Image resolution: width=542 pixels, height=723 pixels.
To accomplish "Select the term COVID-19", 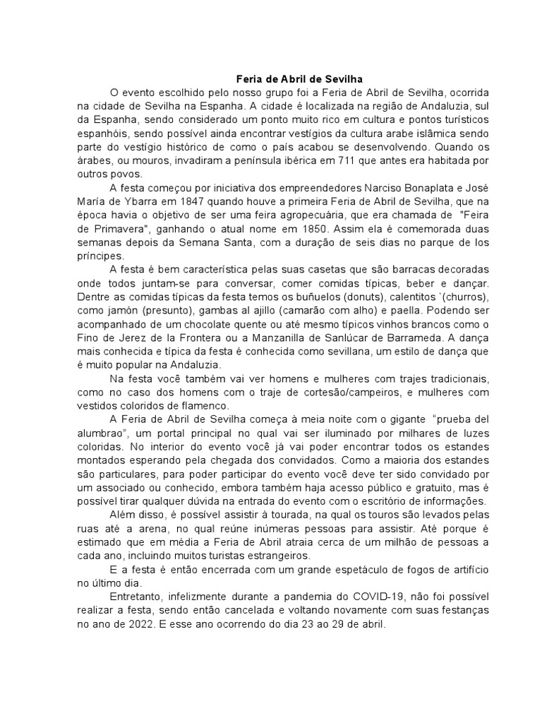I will (x=394, y=596).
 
